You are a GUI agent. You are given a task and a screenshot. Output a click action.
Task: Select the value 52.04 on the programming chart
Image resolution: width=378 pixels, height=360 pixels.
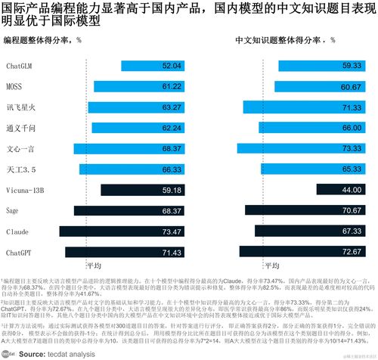(x=172, y=67)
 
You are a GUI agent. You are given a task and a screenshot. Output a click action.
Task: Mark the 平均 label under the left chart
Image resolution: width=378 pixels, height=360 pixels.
(x=94, y=265)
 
